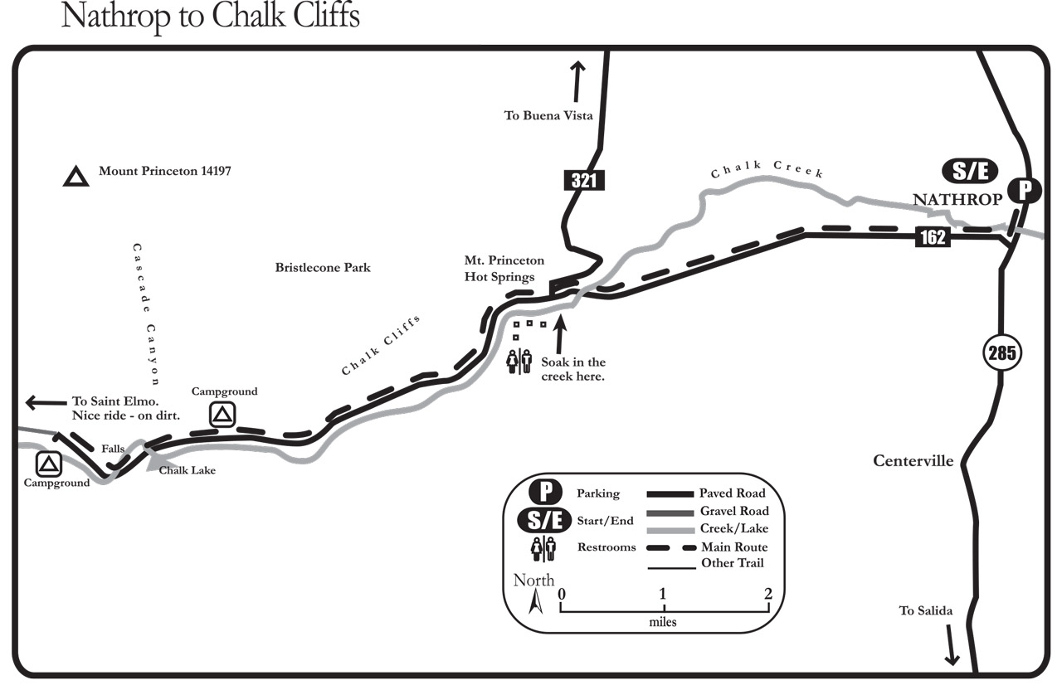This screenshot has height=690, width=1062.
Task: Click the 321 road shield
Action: [584, 180]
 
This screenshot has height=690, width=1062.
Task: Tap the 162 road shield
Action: [933, 237]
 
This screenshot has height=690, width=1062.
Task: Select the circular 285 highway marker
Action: [1001, 352]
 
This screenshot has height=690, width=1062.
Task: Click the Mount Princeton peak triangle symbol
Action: [76, 176]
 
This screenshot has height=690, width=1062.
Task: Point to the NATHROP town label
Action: [957, 200]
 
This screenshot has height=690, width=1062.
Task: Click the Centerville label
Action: [913, 460]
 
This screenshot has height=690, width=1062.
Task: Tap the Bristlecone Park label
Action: [323, 268]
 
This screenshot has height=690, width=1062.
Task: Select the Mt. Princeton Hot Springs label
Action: [504, 269]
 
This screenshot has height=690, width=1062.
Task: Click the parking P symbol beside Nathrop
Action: [1025, 191]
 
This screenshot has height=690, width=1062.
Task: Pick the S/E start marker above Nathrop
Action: [970, 171]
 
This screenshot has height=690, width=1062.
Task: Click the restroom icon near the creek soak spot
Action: [519, 362]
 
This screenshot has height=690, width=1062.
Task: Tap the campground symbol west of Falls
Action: [48, 464]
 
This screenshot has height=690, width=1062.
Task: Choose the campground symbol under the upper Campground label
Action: [222, 415]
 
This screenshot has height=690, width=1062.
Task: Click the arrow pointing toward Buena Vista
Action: [577, 81]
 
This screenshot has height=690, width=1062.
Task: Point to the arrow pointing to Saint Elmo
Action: [46, 403]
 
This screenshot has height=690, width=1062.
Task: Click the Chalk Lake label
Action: [187, 470]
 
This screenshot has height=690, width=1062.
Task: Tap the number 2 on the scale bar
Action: [767, 593]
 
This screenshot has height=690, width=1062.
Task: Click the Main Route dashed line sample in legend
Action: [671, 548]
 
